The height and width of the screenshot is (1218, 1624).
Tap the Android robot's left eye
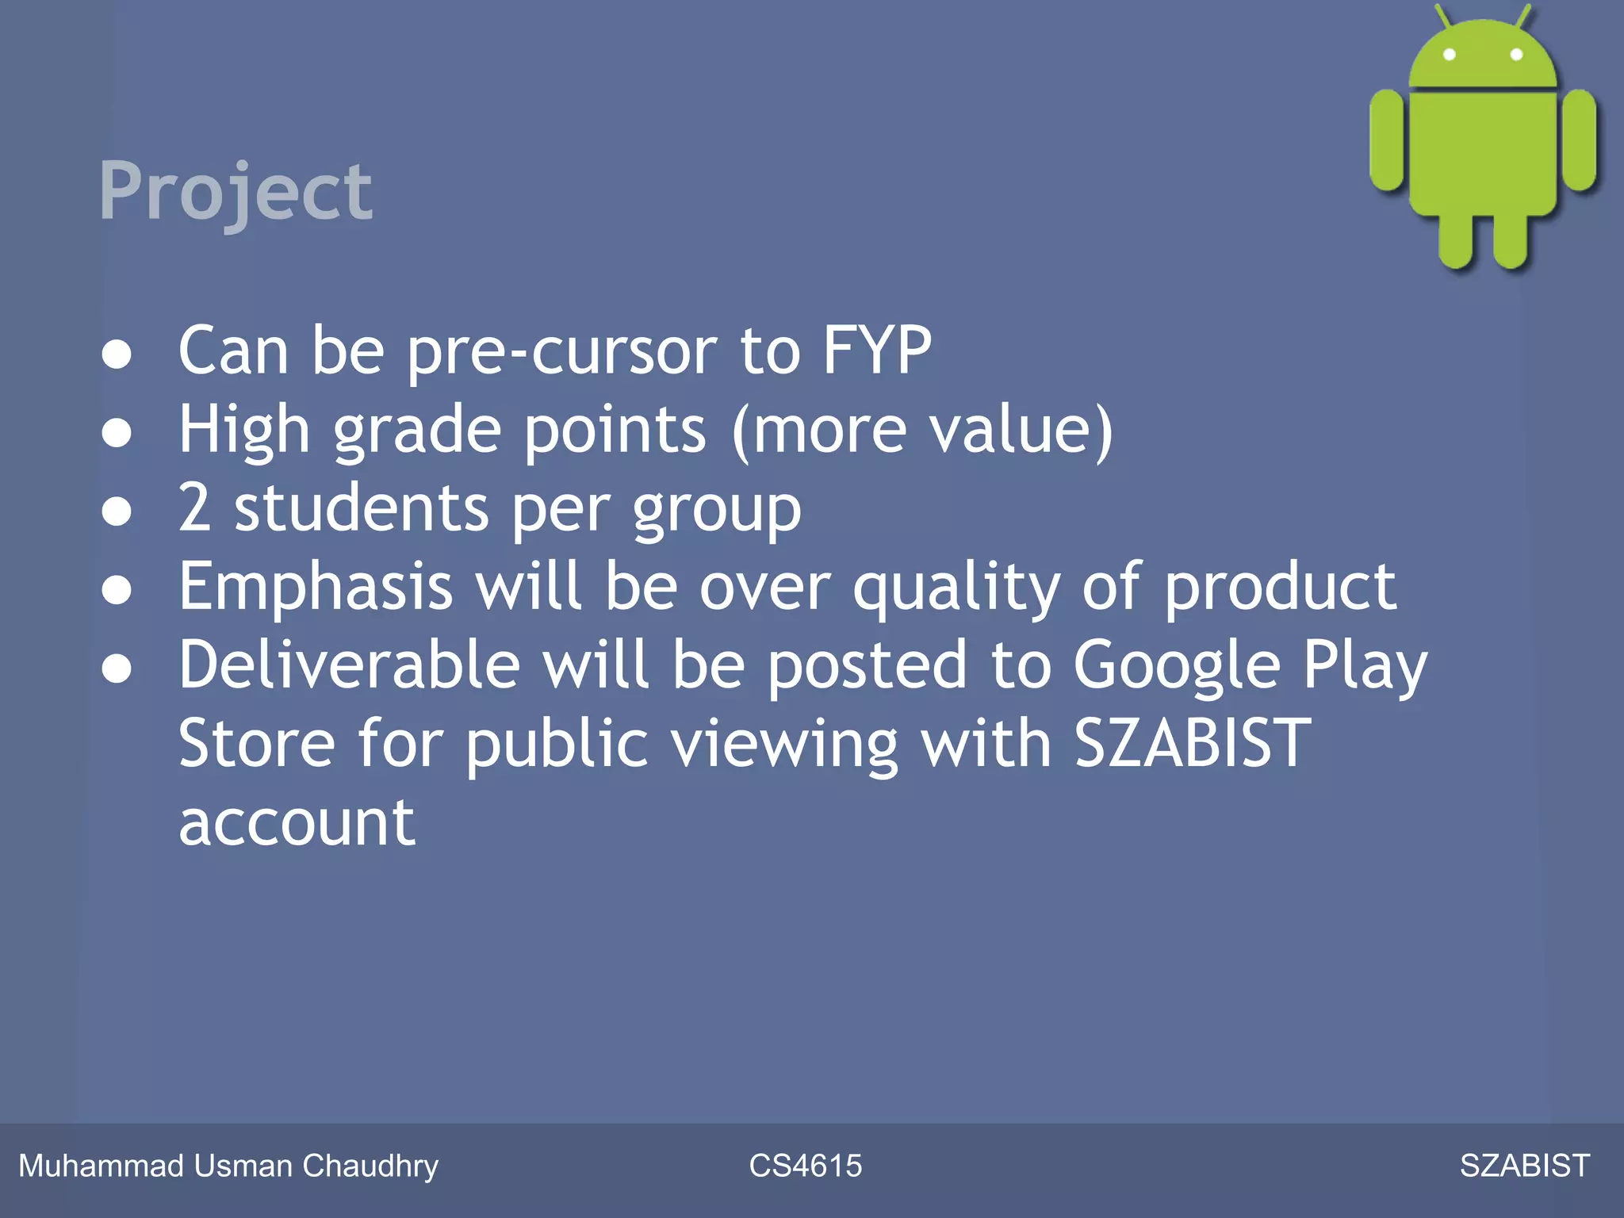1449,55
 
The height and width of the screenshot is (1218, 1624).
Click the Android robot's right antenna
1523,16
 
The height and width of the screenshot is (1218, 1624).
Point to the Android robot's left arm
1387,140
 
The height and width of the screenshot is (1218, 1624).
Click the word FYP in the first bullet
876,350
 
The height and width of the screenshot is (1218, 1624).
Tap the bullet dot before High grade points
117,433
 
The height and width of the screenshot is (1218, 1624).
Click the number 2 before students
194,507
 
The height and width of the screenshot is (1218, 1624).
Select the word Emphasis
315,587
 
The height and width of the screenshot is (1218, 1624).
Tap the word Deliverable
349,665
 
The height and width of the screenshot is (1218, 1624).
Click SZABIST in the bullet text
1192,744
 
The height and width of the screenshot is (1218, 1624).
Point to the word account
297,823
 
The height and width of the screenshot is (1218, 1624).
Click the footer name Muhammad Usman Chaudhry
228,1166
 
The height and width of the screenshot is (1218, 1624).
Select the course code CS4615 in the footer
805,1166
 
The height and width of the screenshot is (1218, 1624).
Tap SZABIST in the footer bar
1524,1166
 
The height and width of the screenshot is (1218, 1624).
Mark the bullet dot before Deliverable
117,668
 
